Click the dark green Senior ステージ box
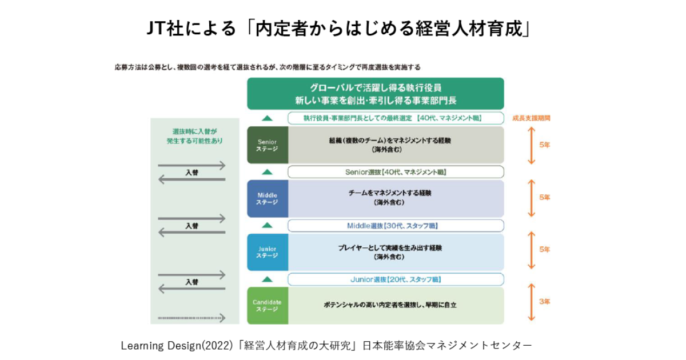click(267, 145)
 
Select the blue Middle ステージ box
click(267, 198)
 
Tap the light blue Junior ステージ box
click(267, 252)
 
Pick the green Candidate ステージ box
click(267, 305)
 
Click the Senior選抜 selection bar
click(396, 171)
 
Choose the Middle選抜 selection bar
click(396, 225)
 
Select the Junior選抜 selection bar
click(396, 279)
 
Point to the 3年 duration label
click(544, 301)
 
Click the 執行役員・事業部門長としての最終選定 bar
click(396, 118)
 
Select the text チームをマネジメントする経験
click(389, 193)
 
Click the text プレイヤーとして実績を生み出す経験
click(389, 248)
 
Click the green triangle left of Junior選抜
click(267, 279)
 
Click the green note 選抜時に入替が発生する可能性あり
click(194, 135)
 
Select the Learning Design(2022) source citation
click(326, 345)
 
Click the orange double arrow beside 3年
click(531, 302)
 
